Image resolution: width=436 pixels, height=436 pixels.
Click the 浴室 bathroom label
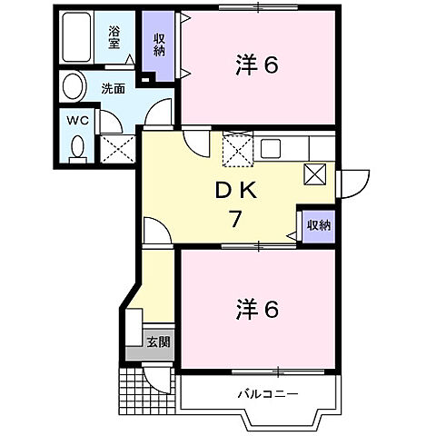(x=114, y=36)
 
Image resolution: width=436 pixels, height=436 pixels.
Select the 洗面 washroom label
(x=114, y=89)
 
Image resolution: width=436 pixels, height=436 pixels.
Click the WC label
(x=76, y=119)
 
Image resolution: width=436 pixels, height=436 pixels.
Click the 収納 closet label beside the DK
(x=318, y=224)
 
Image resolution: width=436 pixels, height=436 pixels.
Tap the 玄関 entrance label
(x=158, y=343)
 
